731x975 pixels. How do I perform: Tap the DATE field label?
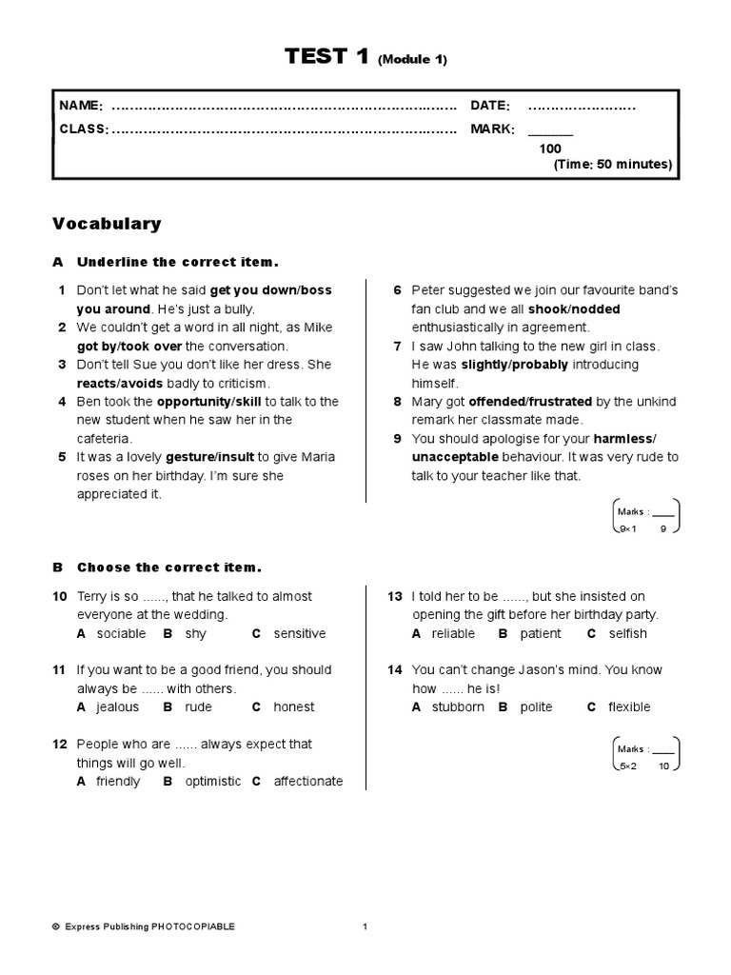point(489,106)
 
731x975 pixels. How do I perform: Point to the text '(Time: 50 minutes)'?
point(612,165)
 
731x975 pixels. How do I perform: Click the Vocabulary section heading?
point(107,224)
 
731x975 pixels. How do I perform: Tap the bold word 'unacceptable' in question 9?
point(454,457)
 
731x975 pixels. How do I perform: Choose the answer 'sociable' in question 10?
point(121,633)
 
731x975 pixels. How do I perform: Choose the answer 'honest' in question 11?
point(293,706)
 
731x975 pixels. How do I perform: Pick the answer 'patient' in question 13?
point(542,633)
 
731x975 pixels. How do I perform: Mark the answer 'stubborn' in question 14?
point(458,706)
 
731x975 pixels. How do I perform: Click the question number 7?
point(397,347)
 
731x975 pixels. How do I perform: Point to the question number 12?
point(60,744)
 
